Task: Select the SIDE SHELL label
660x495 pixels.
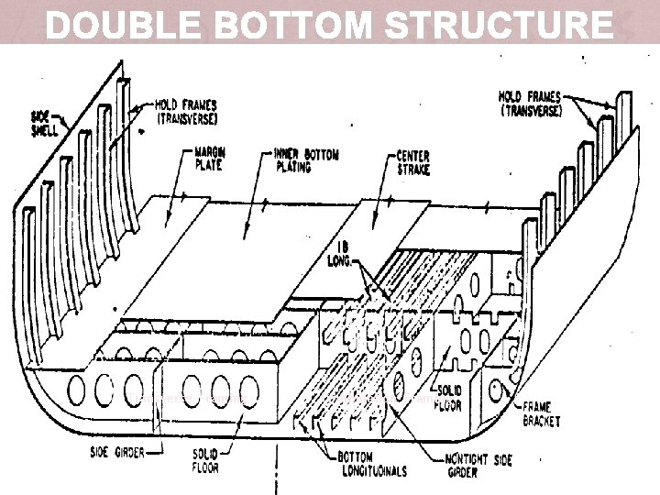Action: coord(43,123)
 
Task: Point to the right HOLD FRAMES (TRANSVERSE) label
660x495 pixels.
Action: coord(532,102)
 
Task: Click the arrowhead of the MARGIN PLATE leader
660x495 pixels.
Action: coord(169,217)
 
